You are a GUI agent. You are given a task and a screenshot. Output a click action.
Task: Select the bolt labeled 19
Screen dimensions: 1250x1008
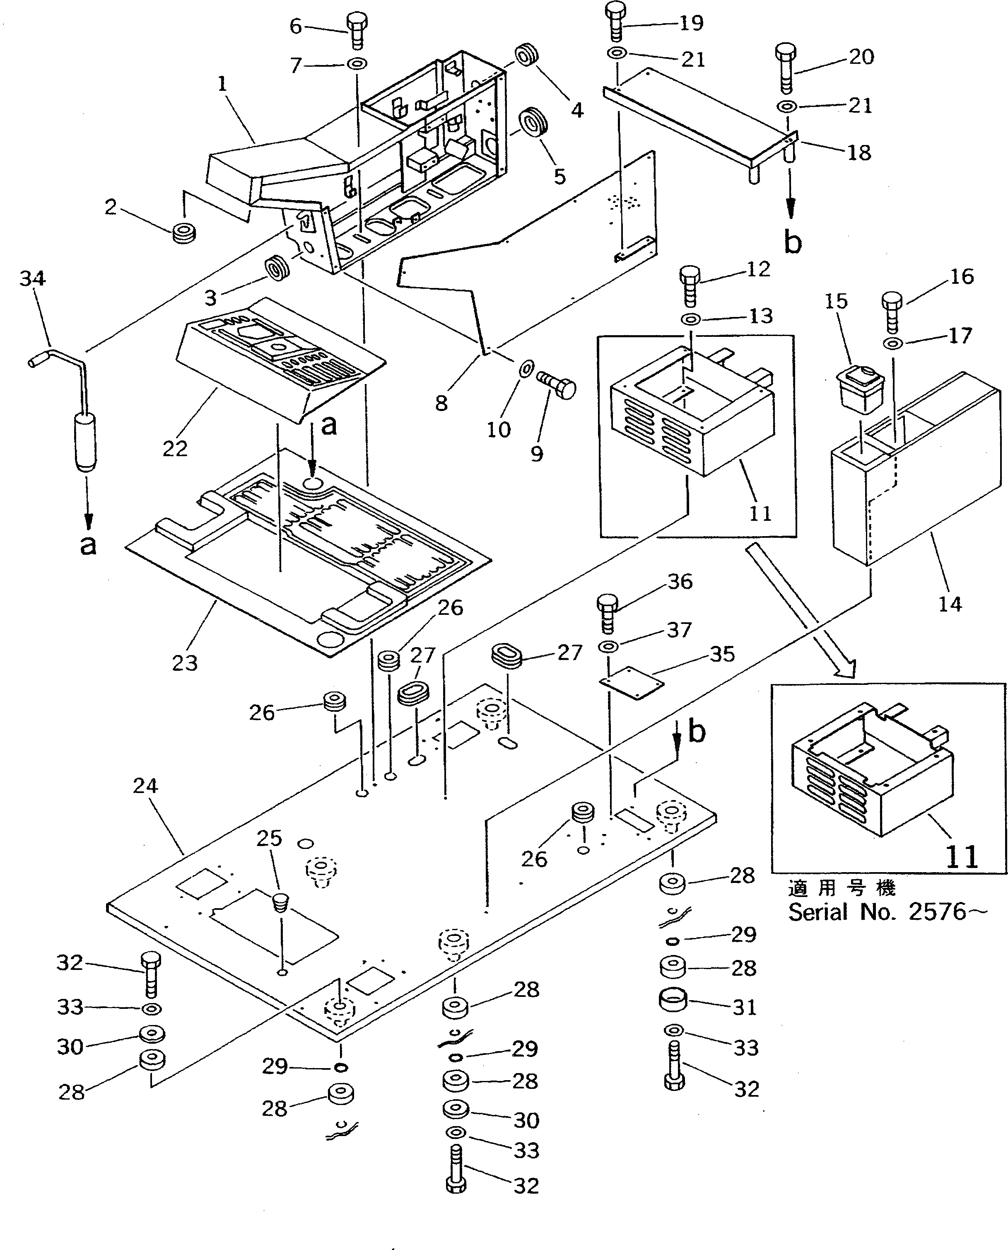[615, 23]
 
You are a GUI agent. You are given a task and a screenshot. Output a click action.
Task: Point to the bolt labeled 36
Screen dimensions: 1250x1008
[607, 613]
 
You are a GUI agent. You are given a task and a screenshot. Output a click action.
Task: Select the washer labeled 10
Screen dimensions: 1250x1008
[526, 368]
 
